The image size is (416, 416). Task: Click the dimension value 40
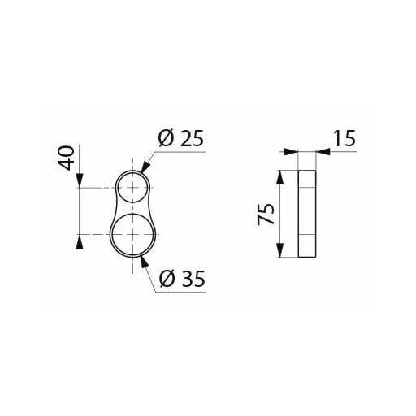tap(66, 158)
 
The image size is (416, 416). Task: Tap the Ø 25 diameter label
tap(181, 139)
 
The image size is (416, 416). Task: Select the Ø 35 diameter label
tap(182, 279)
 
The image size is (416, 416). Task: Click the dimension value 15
tap(344, 138)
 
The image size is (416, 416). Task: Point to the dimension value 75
tap(266, 214)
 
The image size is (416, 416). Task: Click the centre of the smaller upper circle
tap(132, 188)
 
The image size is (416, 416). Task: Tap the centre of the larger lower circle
tap(132, 234)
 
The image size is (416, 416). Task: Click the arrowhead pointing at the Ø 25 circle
tap(145, 167)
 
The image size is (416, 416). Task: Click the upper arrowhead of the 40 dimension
tap(80, 180)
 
